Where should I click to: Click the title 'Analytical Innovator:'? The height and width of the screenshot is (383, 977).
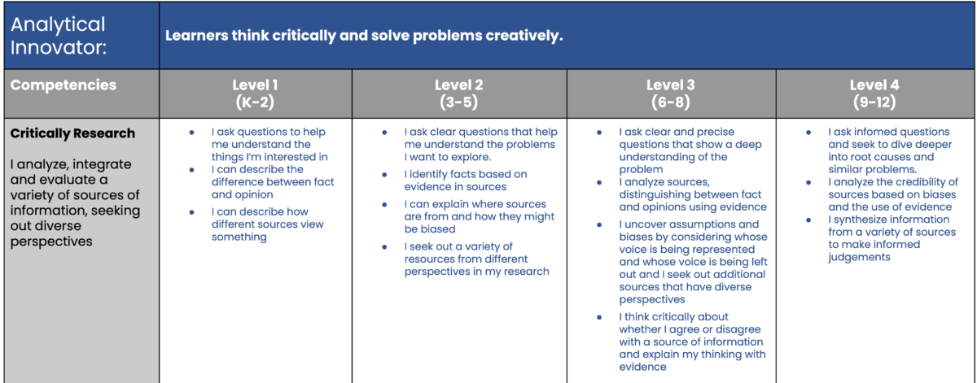pyautogui.click(x=58, y=35)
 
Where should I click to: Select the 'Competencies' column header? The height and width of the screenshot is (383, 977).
pyautogui.click(x=64, y=85)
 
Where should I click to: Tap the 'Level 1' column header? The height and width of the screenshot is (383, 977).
pyautogui.click(x=256, y=85)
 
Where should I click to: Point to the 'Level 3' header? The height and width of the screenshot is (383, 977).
pyautogui.click(x=671, y=85)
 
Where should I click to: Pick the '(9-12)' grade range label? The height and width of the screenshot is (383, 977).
pyautogui.click(x=874, y=103)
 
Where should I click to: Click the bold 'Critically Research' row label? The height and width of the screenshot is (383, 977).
pyautogui.click(x=73, y=133)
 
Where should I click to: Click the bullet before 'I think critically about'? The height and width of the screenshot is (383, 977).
pyautogui.click(x=599, y=316)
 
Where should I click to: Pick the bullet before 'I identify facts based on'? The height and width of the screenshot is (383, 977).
pyautogui.click(x=384, y=175)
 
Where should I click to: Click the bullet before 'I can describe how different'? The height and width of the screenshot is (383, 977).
pyautogui.click(x=191, y=211)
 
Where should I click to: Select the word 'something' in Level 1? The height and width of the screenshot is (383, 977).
pyautogui.click(x=239, y=237)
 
